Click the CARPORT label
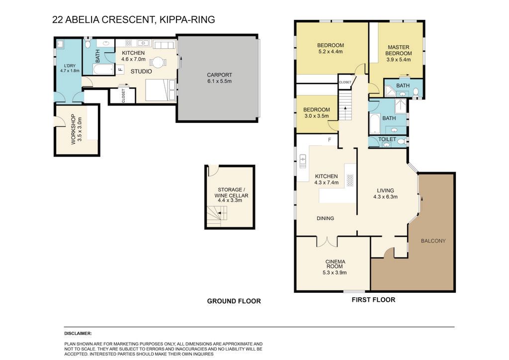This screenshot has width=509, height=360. click(219, 75)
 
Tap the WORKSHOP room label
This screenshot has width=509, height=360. click(73, 129)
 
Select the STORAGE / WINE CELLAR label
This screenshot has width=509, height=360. click(231, 192)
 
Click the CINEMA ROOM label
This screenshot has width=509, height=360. click(335, 264)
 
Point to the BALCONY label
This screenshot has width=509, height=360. click(433, 241)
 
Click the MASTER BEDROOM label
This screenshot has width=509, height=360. click(399, 50)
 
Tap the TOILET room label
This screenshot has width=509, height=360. click(387, 139)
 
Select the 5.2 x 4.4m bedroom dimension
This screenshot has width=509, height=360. click(331, 51)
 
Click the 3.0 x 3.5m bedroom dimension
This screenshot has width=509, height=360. click(317, 116)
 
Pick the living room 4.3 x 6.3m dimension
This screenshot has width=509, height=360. click(385, 197)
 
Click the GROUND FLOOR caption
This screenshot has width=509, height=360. click(234, 301)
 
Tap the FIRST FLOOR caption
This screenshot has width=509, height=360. click(373, 300)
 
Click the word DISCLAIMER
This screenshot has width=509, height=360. click(78, 333)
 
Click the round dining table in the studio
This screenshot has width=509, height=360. click(158, 62)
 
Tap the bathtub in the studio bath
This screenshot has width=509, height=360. click(103, 69)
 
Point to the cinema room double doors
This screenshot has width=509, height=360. click(327, 242)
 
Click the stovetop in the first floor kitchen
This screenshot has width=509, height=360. click(349, 180)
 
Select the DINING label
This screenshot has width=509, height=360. click(325, 218)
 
